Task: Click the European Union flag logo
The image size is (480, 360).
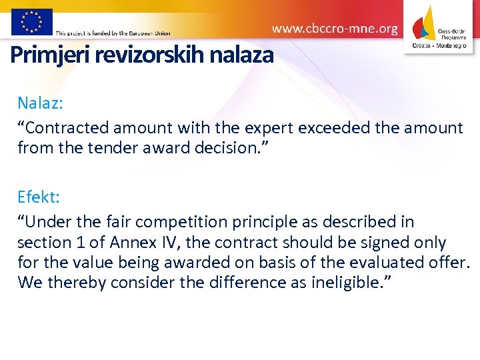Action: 32,21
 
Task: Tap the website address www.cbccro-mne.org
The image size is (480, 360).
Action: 335,29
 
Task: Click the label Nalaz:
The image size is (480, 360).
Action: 41,103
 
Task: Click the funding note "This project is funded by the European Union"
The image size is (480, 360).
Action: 113,33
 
